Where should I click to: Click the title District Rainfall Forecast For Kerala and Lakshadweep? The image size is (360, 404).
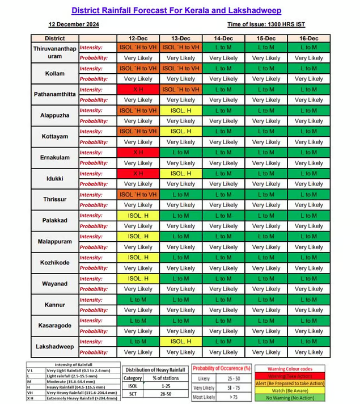(x=176, y=10)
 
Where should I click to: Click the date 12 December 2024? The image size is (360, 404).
(x=74, y=25)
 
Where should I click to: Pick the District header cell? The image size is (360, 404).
(x=54, y=38)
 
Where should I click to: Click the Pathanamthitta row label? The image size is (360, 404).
(x=54, y=95)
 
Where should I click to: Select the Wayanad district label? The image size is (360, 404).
(x=54, y=284)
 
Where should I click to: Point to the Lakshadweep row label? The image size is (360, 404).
(x=54, y=347)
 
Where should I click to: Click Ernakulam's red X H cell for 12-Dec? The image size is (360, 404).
(x=138, y=153)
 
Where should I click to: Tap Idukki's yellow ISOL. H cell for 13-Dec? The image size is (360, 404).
(x=181, y=174)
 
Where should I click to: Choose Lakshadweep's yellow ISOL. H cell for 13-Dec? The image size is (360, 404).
(x=181, y=342)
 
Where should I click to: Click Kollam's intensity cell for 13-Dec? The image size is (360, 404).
(x=181, y=69)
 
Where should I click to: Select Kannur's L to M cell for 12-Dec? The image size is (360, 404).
(x=138, y=300)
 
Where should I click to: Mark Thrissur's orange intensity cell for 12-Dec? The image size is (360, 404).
(x=138, y=195)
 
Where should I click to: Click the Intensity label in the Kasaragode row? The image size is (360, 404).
(x=91, y=321)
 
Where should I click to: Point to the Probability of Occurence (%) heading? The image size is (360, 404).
(x=221, y=368)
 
